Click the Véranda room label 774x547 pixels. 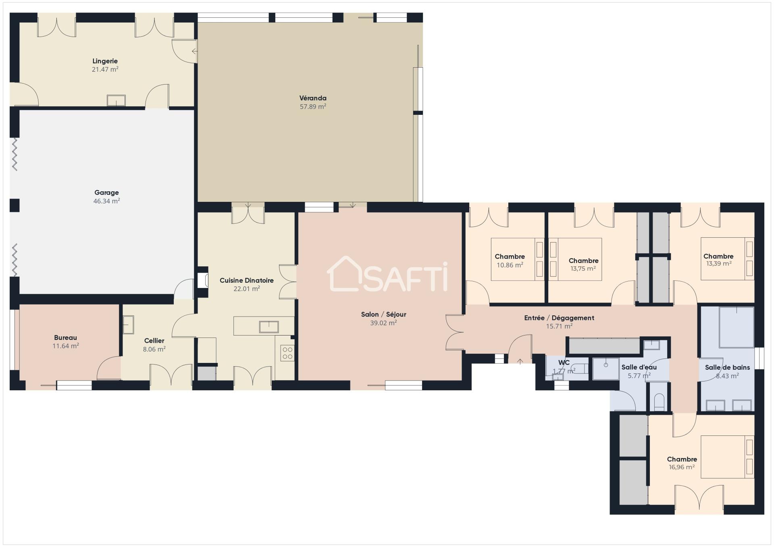click(x=313, y=98)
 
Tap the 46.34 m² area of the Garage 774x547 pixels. click(x=106, y=201)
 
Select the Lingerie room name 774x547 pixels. click(x=105, y=61)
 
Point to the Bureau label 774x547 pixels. click(x=65, y=338)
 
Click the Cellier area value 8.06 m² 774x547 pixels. click(x=154, y=349)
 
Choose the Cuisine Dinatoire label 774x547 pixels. click(x=246, y=280)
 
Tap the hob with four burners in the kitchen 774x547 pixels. click(x=287, y=353)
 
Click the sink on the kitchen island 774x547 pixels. click(x=268, y=327)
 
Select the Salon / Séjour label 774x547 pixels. click(x=383, y=314)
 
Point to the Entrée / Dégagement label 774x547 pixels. click(x=559, y=318)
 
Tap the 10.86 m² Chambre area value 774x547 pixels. click(x=510, y=265)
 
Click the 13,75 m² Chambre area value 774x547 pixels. click(x=583, y=269)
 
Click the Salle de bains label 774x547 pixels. click(x=727, y=367)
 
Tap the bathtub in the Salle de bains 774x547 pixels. click(x=737, y=327)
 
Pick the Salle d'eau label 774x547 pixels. click(x=639, y=367)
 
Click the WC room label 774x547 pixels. click(x=564, y=363)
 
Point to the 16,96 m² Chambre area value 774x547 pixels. click(x=682, y=467)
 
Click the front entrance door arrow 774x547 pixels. click(x=520, y=361)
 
